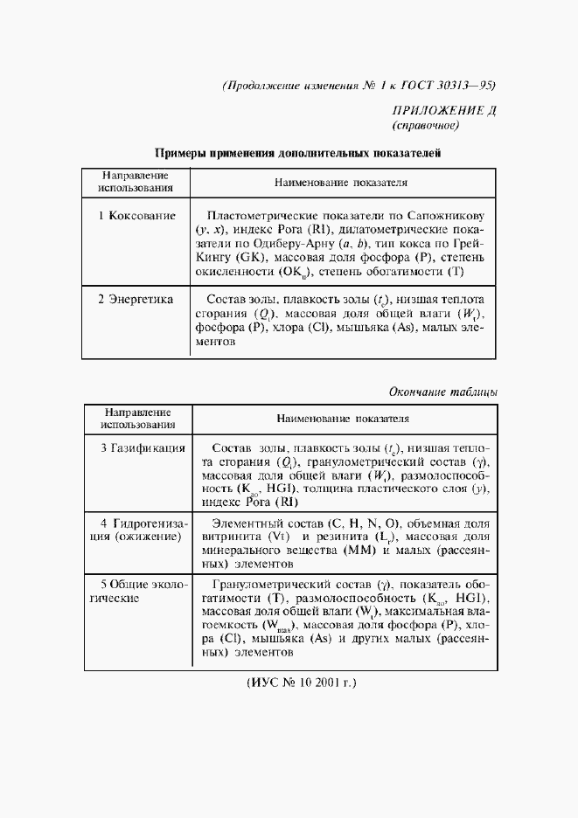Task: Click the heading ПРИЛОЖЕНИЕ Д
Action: pyautogui.click(x=442, y=109)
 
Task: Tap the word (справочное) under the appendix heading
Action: pyautogui.click(x=424, y=125)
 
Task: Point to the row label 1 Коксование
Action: pyautogui.click(x=136, y=215)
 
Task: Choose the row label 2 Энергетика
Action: pyautogui.click(x=136, y=299)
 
